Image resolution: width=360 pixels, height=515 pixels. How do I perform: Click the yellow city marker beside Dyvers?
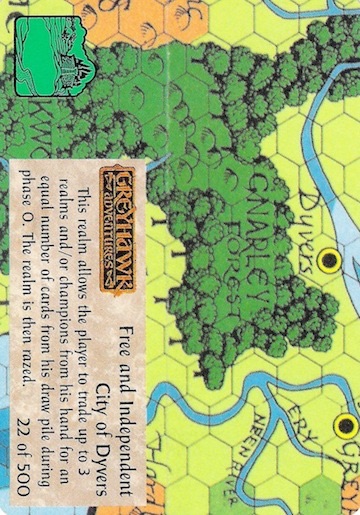[326, 262]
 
